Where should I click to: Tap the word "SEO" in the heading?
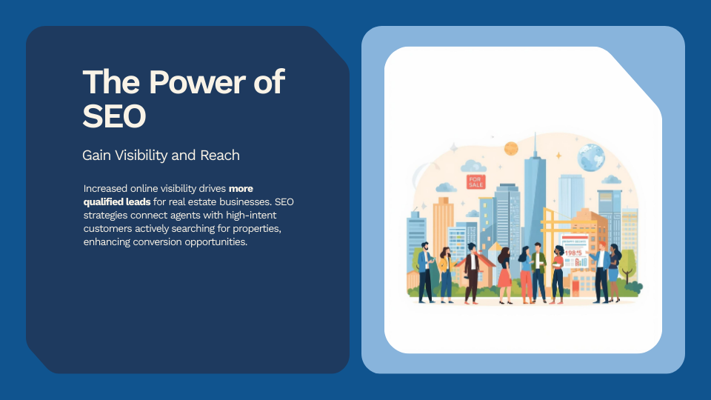(x=114, y=116)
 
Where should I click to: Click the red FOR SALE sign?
(x=475, y=181)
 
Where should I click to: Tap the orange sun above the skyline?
(x=511, y=148)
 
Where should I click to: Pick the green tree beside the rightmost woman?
(x=629, y=263)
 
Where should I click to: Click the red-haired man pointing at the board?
(x=601, y=270)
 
